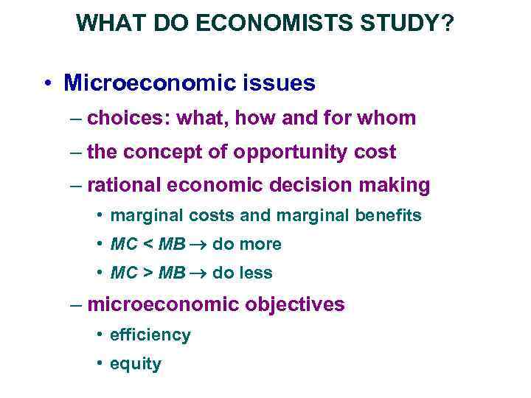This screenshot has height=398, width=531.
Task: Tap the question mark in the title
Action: point(448,24)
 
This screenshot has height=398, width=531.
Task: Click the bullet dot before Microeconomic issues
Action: point(46,83)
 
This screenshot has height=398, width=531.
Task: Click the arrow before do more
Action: point(198,244)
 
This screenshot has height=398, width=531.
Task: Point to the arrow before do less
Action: point(198,273)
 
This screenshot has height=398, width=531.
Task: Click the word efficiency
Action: point(150,335)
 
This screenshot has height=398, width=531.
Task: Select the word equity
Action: point(135,364)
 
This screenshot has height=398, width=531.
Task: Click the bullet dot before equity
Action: point(98,364)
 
